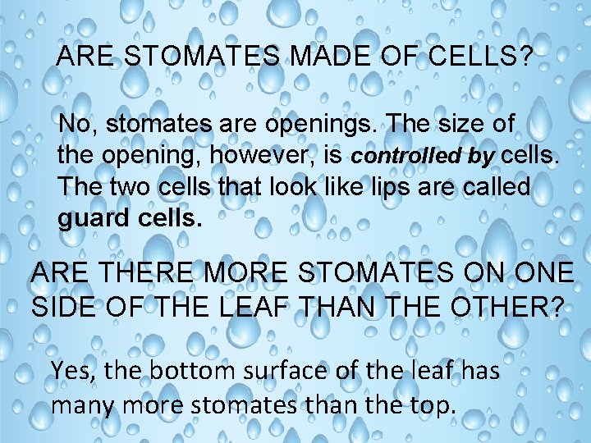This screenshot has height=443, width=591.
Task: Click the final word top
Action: coord(428,405)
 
